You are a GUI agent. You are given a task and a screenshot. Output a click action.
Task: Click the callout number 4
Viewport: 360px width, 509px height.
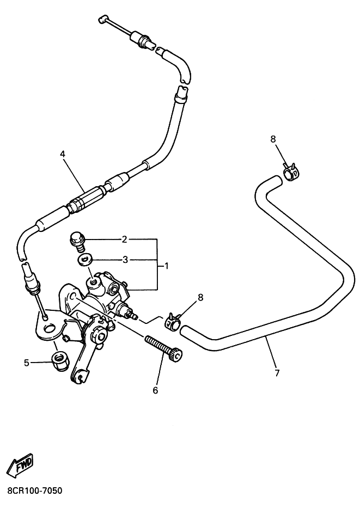tap(63, 154)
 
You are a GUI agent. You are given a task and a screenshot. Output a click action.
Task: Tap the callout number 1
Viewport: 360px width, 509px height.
tap(166, 266)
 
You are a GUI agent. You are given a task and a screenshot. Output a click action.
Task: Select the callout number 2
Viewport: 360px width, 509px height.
tap(124, 240)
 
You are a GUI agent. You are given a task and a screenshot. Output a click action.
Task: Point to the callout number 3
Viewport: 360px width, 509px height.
tap(125, 260)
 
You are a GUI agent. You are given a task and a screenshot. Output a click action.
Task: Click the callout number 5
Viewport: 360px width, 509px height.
tap(27, 362)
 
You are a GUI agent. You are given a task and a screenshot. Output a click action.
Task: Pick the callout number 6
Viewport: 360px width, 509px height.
tap(155, 390)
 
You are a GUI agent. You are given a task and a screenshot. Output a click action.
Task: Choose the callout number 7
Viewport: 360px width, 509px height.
tap(277, 373)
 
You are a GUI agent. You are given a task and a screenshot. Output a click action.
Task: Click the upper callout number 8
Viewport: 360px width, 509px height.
tap(273, 139)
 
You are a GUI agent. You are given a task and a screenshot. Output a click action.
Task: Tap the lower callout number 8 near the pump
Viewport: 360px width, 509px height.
tap(200, 297)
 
